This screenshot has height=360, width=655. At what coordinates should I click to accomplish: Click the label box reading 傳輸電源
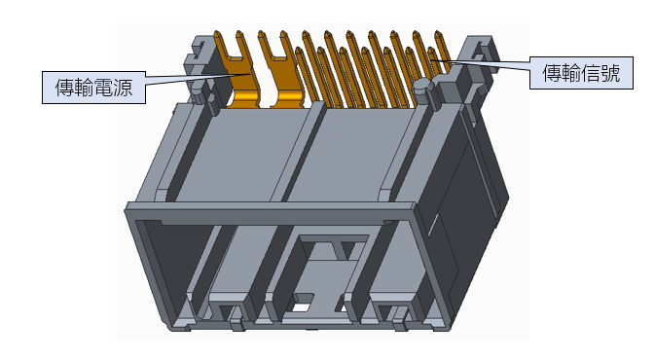point(93,88)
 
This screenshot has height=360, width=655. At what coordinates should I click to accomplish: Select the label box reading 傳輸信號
point(581,73)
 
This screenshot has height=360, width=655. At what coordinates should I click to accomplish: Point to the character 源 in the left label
point(123,88)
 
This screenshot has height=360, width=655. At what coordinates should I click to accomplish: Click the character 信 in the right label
point(591,73)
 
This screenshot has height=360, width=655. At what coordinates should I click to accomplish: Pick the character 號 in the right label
point(610,73)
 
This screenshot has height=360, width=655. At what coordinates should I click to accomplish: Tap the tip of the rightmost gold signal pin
point(438,33)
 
